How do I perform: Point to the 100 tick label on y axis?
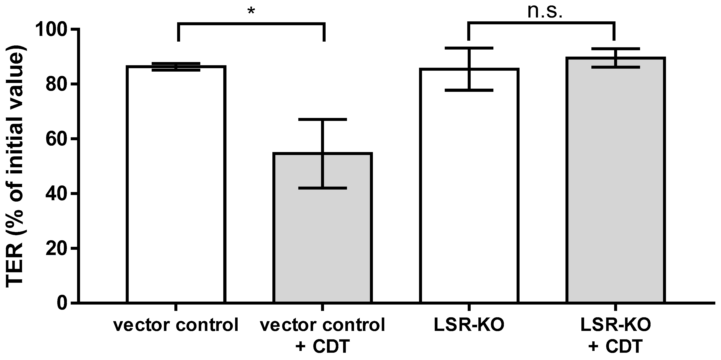(53, 30)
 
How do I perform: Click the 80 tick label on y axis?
(57, 85)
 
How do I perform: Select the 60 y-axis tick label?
(57, 139)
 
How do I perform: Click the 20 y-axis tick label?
(57, 248)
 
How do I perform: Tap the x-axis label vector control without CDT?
(176, 325)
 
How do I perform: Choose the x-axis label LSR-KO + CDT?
(615, 336)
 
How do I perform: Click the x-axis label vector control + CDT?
(322, 336)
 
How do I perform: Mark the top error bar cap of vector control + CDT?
(322, 120)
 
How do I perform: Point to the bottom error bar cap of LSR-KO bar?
(469, 90)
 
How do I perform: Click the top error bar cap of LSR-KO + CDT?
(615, 49)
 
